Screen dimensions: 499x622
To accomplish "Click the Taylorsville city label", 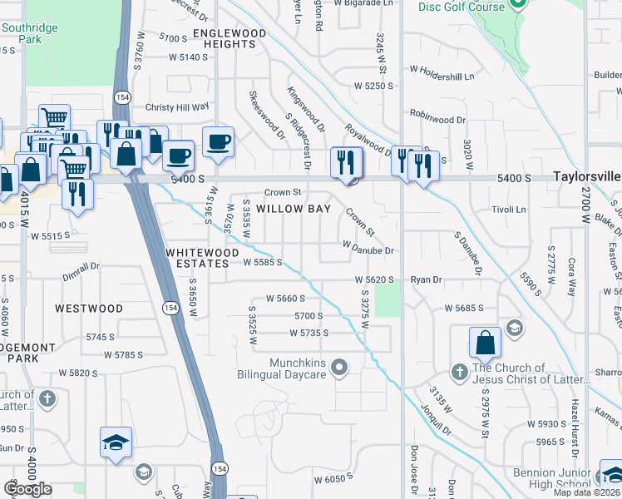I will (x=587, y=177).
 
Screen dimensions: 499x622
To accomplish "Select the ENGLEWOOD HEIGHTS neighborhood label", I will (x=229, y=38).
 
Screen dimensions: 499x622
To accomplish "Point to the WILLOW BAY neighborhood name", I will (x=288, y=209).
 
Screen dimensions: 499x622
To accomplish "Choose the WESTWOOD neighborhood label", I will (x=89, y=309).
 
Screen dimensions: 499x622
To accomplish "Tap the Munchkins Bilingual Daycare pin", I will (x=339, y=366).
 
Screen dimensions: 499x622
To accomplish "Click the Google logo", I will (x=27, y=489).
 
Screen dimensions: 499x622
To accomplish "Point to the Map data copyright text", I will (x=587, y=492).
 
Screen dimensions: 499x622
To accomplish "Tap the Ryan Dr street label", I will (x=426, y=280).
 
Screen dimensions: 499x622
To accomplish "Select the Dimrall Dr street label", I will (x=79, y=267).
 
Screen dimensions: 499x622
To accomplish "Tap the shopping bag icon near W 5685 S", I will (x=485, y=343).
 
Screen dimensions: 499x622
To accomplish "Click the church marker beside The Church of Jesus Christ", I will (x=458, y=371).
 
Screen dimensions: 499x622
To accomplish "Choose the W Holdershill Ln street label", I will (x=441, y=76).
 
